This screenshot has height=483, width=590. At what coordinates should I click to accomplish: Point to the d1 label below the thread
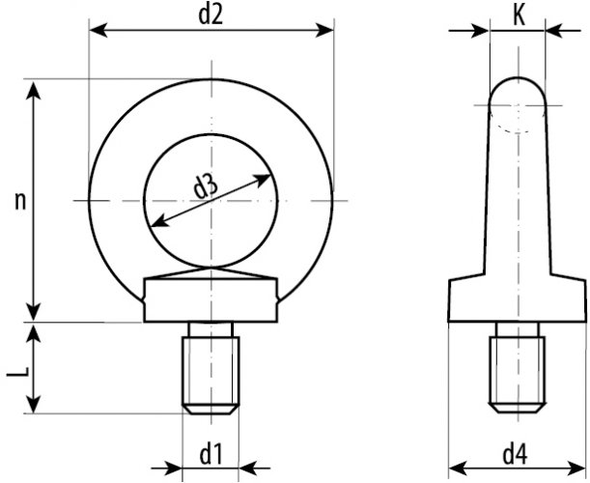[x=211, y=451]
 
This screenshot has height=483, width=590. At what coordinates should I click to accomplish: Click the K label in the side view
[x=518, y=15]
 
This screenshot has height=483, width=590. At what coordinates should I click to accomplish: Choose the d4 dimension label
[x=518, y=451]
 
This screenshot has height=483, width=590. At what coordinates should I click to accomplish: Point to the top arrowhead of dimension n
[x=36, y=88]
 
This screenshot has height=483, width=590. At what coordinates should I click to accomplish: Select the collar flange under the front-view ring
[x=211, y=301]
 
